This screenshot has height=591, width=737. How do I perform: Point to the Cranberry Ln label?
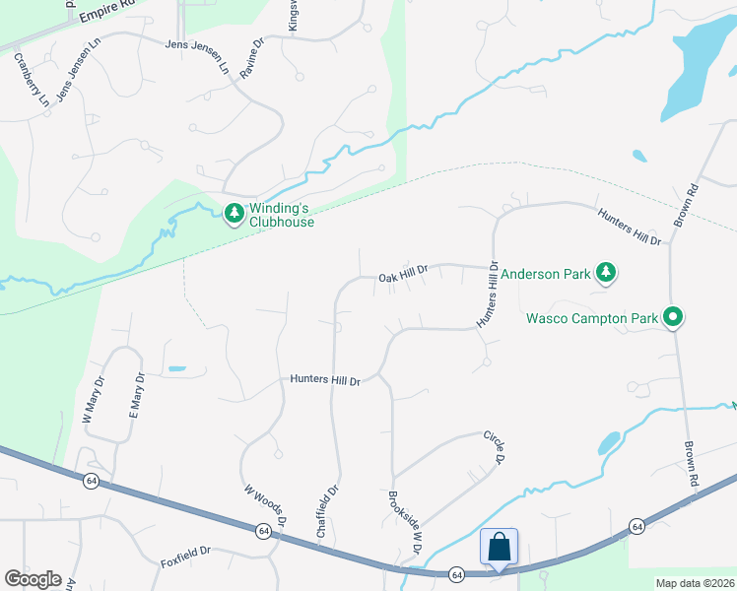point(31,80)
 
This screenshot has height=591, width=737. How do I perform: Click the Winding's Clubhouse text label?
point(282,215)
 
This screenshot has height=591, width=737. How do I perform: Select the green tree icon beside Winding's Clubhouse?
point(234,213)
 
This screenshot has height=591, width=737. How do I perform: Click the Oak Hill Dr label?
point(403,279)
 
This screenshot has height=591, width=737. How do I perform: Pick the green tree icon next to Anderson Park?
point(607,273)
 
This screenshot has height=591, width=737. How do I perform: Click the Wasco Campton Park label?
point(591,318)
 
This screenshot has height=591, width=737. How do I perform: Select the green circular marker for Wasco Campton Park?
point(674,317)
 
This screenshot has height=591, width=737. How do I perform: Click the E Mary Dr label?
point(138,394)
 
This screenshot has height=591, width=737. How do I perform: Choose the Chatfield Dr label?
point(328,509)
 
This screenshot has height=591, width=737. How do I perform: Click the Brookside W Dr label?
point(404,522)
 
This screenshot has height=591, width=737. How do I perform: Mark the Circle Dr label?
point(494,447)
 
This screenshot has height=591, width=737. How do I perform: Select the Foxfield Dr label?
point(186,564)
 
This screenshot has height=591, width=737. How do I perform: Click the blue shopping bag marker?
point(499,547)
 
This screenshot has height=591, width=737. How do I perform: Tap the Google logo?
point(33,579)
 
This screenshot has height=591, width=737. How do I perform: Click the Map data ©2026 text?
point(695,583)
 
